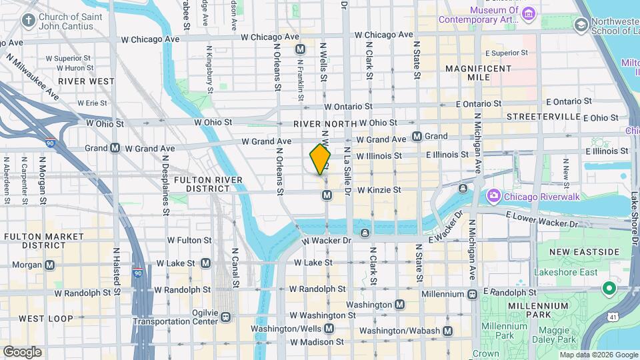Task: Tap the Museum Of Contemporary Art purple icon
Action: tap(529, 13)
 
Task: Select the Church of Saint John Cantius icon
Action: tap(28, 20)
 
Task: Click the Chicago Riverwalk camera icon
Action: tap(494, 195)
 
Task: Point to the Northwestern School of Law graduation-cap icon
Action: tap(581, 25)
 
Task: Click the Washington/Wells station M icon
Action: tap(329, 329)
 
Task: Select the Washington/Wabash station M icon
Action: tap(447, 331)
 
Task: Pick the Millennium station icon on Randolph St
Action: tap(473, 293)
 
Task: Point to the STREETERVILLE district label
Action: tap(543, 117)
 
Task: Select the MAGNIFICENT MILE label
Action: tap(478, 73)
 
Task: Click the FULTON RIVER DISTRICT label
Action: tap(203, 184)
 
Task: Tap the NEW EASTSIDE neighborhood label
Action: tap(585, 251)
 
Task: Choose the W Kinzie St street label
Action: tap(379, 190)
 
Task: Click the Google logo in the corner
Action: tap(22, 351)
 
